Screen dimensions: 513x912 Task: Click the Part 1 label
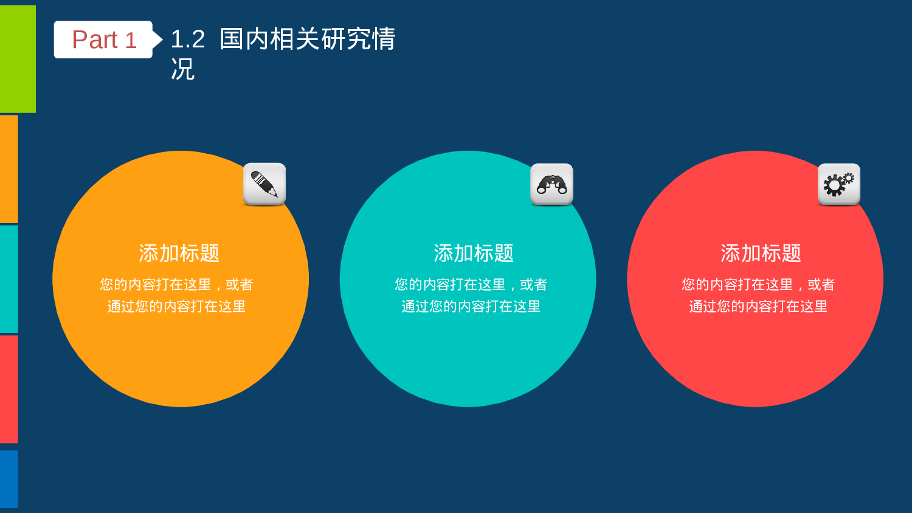[103, 40]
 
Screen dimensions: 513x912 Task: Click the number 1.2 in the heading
[187, 40]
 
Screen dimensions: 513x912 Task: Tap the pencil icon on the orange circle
[264, 184]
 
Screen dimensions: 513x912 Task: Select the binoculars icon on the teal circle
[551, 184]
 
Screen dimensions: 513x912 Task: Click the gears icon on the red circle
[838, 184]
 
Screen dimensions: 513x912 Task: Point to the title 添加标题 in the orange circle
[179, 253]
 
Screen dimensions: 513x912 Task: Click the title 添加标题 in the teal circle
[473, 253]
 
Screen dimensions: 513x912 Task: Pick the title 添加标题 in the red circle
[761, 253]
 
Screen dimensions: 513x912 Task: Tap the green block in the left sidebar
[18, 59]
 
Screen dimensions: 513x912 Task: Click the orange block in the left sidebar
[9, 169]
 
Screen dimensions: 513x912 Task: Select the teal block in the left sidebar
[9, 279]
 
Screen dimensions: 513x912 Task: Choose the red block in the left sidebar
[9, 389]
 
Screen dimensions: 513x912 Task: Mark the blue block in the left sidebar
[9, 479]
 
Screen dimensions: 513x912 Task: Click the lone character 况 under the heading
[182, 69]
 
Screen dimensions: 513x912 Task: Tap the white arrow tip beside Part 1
[158, 40]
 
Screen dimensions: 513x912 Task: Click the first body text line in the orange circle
[176, 284]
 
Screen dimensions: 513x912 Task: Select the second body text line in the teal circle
[471, 306]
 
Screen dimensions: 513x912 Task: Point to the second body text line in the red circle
[758, 306]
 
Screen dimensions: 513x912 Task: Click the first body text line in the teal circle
[471, 284]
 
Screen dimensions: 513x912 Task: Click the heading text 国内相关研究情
[307, 40]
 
